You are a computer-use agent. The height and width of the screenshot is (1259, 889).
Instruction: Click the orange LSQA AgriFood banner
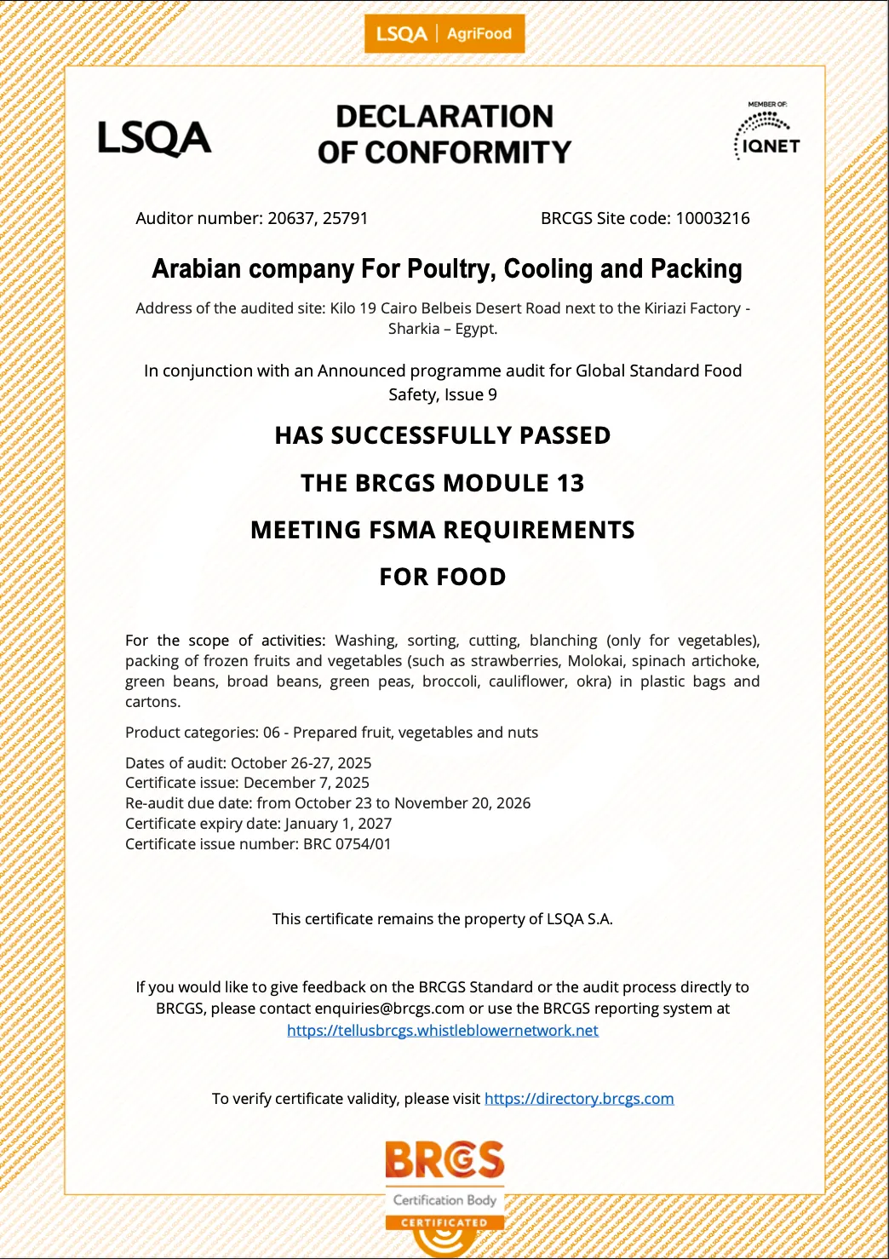coord(444,34)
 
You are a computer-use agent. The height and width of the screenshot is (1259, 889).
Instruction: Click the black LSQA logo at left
coord(154,138)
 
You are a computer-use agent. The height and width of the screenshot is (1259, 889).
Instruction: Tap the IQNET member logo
coord(767,133)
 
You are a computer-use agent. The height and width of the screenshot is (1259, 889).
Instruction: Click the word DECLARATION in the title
coord(444,116)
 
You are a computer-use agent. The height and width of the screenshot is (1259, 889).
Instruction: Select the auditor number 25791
coord(345,218)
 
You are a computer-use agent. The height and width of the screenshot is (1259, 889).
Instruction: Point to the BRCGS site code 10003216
coord(713,218)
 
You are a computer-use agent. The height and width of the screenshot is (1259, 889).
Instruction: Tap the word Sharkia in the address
coord(414,329)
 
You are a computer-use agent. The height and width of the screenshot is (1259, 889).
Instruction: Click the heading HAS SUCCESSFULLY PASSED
coord(443,435)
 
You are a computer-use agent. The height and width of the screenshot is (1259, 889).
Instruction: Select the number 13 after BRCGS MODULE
coord(571,483)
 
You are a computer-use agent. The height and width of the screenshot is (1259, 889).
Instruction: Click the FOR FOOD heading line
coord(443,577)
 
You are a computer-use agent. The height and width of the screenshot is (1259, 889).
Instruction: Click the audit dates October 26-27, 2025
coord(301,763)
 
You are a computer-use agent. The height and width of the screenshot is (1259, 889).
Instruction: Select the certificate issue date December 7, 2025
coord(307,783)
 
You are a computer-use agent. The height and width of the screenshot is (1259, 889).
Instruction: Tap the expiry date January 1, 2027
coord(338,824)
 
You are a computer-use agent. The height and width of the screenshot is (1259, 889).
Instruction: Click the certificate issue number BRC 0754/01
coord(347,844)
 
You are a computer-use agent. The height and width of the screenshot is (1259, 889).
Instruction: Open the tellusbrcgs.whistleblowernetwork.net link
coord(443,1031)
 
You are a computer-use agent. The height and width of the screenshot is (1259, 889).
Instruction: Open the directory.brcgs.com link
coord(579,1099)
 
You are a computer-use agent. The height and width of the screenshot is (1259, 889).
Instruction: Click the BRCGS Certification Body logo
coord(444,1184)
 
